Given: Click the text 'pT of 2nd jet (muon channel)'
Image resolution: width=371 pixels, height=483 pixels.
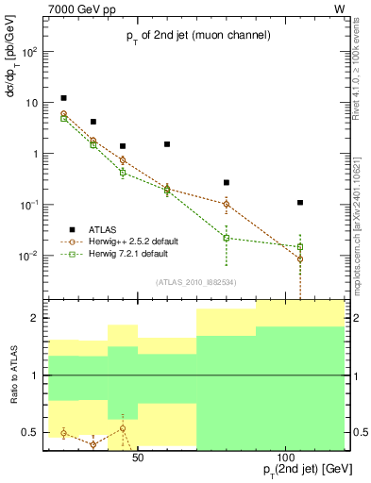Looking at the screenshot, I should click(x=199, y=36).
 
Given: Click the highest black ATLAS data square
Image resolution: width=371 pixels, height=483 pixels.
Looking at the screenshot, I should click(x=63, y=98).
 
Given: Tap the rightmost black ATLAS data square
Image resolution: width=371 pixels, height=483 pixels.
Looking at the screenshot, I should click(x=300, y=202).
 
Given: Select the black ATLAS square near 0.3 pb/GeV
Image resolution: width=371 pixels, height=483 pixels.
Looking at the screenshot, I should click(x=227, y=182).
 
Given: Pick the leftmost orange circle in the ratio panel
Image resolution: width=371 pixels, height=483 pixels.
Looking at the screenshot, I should click(x=63, y=433).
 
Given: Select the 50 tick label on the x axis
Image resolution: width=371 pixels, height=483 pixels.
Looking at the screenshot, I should click(x=138, y=458).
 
